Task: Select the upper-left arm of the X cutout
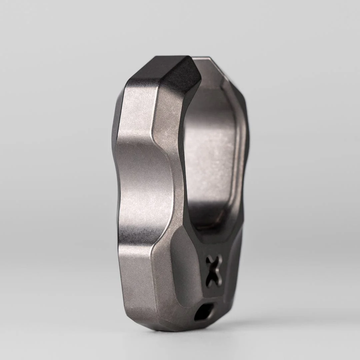209,259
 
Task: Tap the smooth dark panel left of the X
187,267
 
